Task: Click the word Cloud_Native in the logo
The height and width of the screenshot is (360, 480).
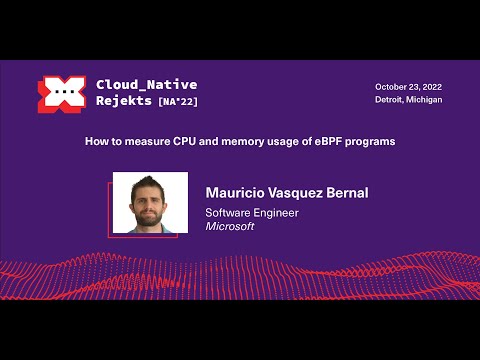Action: [x=146, y=85]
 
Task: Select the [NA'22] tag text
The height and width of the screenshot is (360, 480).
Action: [x=177, y=102]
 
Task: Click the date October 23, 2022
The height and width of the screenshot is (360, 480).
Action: [x=408, y=86]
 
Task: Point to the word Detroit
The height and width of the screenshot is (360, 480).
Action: [x=391, y=100]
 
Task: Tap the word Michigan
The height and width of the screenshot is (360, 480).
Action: [x=425, y=100]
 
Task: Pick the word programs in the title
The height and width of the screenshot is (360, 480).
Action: [x=371, y=142]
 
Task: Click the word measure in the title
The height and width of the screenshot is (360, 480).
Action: [x=157, y=142]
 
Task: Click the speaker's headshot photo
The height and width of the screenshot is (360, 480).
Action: [x=150, y=203]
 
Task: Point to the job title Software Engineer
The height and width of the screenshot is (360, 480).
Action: [x=252, y=212]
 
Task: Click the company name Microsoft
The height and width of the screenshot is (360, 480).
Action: [x=230, y=227]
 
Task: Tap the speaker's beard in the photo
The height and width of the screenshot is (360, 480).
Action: [x=150, y=217]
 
